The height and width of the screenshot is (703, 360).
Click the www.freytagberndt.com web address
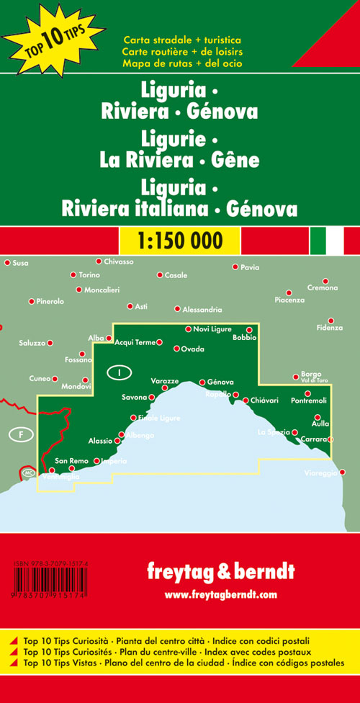click(x=220, y=594)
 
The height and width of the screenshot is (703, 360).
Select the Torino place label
click(x=89, y=275)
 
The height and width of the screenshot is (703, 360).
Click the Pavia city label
click(x=250, y=267)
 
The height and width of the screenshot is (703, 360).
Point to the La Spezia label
click(x=273, y=431)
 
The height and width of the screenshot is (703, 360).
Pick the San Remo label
click(x=71, y=460)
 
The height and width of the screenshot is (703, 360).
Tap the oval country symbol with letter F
click(x=22, y=434)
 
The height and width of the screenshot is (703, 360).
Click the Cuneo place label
click(x=40, y=378)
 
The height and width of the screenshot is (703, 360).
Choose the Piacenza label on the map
click(x=289, y=300)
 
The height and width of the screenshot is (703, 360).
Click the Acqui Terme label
click(x=135, y=342)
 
